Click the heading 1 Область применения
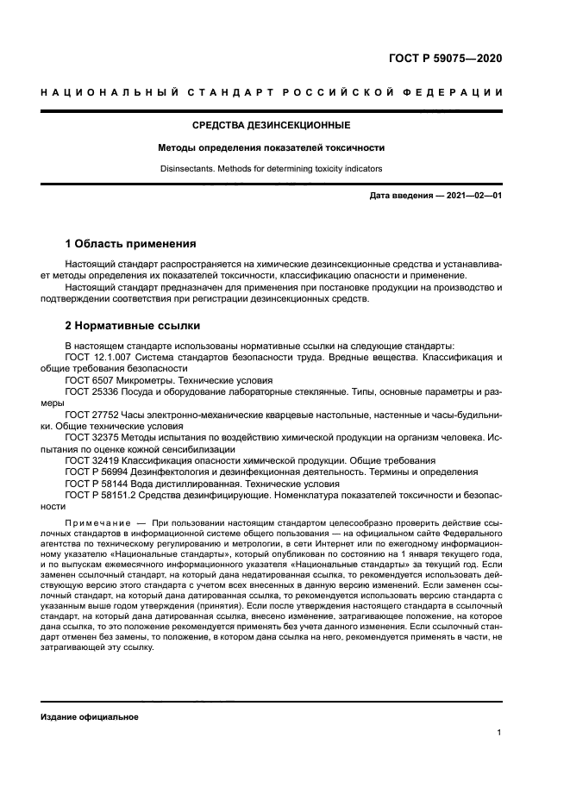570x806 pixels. coord(131,243)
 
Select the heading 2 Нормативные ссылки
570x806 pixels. coord(133,326)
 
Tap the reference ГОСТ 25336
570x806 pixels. coord(90,391)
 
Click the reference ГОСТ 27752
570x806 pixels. coord(90,414)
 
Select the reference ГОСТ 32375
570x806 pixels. coord(90,437)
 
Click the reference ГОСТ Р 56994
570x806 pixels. coord(95,472)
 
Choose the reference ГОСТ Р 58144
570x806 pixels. coord(95,484)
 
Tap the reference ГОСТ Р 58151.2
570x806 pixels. coord(99,496)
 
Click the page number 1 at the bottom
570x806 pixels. coord(499,734)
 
